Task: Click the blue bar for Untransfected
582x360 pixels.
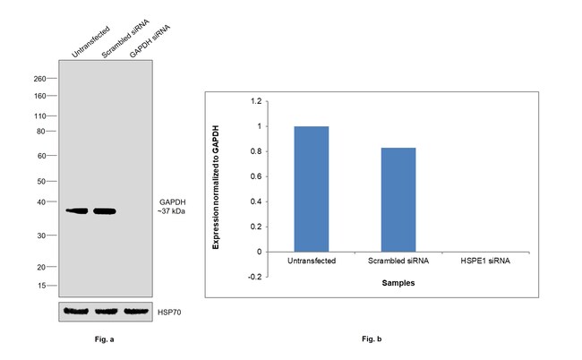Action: point(312,189)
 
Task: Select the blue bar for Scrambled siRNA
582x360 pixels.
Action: point(398,200)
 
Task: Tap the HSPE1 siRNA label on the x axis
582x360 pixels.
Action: point(484,261)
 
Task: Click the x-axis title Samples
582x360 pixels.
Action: point(398,283)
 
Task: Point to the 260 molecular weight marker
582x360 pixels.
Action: point(40,79)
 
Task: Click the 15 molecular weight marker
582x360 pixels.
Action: point(42,286)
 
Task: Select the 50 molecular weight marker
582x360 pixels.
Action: point(42,182)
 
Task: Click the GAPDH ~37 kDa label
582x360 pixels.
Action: point(171,207)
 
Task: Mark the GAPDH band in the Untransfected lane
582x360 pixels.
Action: point(77,211)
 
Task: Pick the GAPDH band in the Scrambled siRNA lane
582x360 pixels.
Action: point(105,211)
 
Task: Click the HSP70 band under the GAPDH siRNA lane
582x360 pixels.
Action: point(134,312)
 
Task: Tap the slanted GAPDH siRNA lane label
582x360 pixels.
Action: point(149,41)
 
